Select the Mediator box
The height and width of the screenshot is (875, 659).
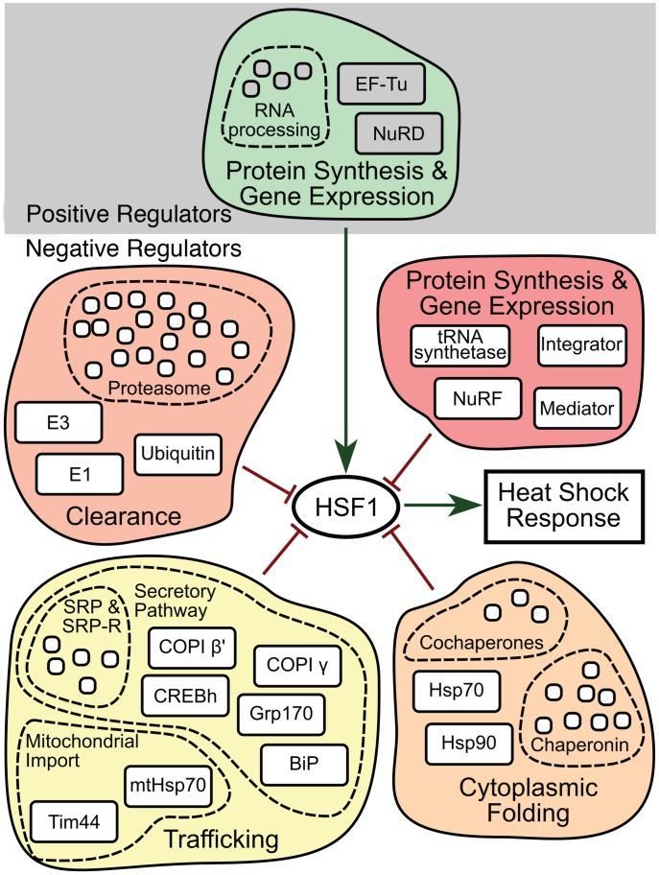click(x=577, y=408)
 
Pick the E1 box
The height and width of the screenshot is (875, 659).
click(x=80, y=473)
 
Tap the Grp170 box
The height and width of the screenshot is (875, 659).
click(x=281, y=713)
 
